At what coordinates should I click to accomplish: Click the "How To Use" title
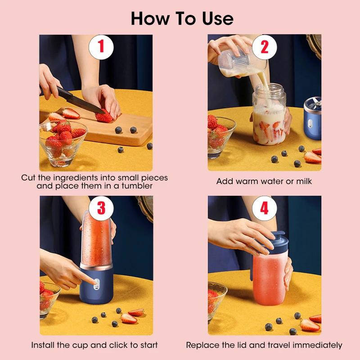click(x=182, y=18)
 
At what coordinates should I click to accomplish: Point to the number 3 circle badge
click(x=101, y=208)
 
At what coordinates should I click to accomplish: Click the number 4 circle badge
click(x=264, y=208)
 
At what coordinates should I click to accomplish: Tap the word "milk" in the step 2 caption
click(x=301, y=181)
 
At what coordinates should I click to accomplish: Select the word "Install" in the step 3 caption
click(x=44, y=345)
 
